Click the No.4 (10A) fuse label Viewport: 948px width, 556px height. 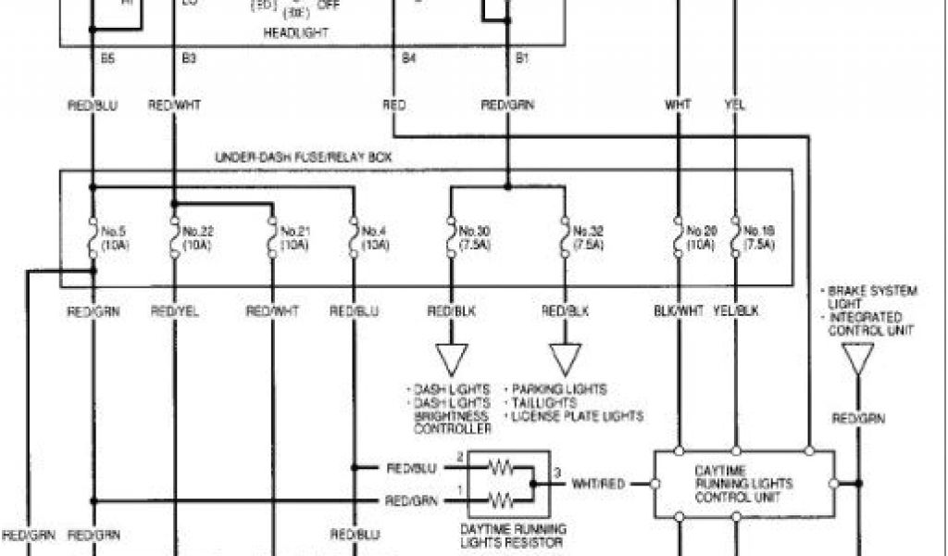[374, 237]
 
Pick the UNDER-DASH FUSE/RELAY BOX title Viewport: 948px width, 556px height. [303, 158]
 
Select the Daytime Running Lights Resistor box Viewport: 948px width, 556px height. [509, 484]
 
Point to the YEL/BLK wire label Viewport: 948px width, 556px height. [736, 312]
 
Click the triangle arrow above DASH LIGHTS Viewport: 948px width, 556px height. [453, 358]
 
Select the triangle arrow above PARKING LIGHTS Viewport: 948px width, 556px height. [565, 358]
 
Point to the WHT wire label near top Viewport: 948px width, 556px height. [678, 106]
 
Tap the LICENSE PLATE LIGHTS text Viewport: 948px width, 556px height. [576, 417]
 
